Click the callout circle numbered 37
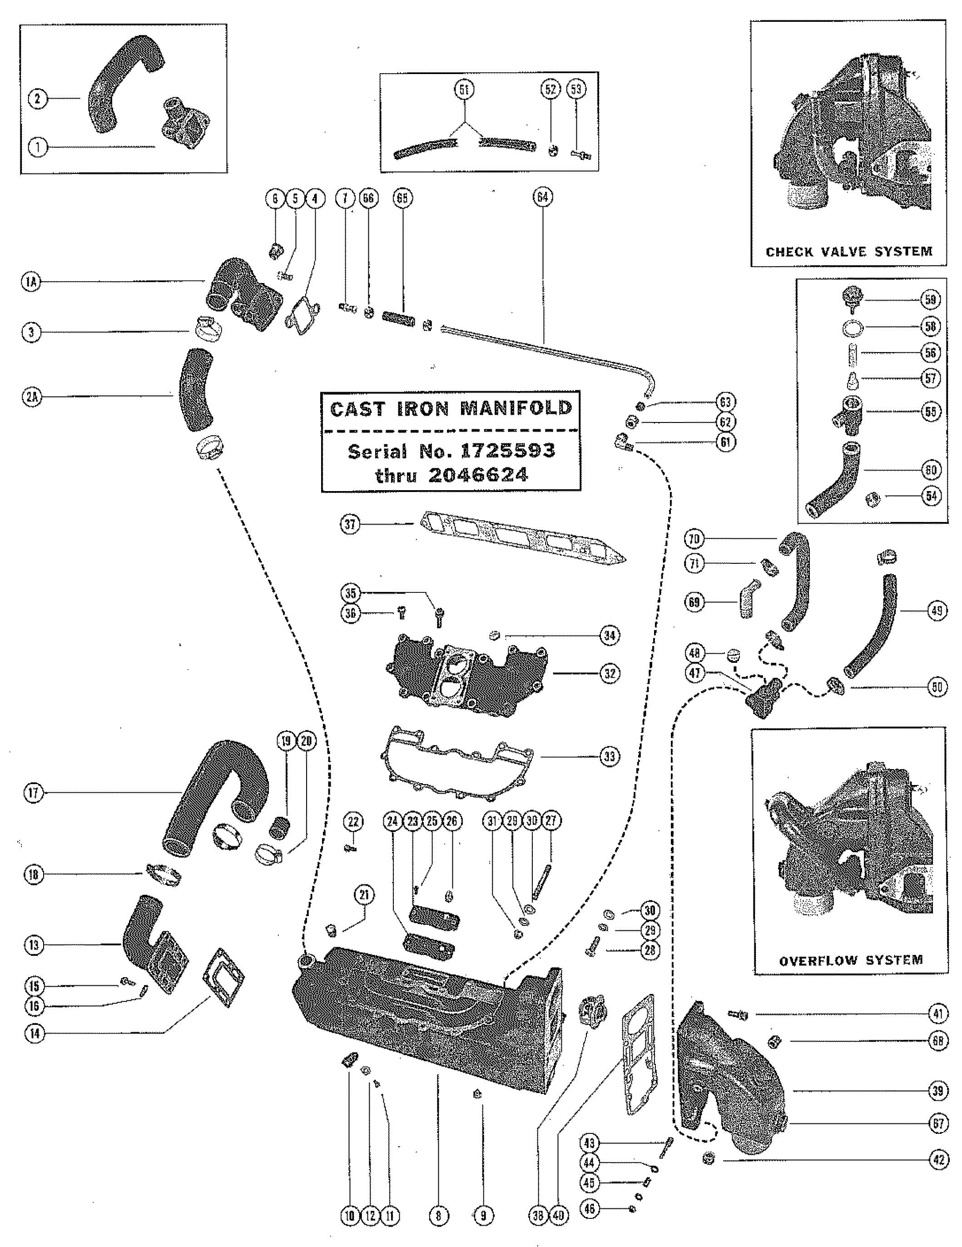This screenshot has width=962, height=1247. point(350,524)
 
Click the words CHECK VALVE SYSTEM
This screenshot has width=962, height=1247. point(849,251)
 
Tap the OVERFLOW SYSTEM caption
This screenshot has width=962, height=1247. point(851,960)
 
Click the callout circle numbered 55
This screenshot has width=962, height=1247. point(931,412)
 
